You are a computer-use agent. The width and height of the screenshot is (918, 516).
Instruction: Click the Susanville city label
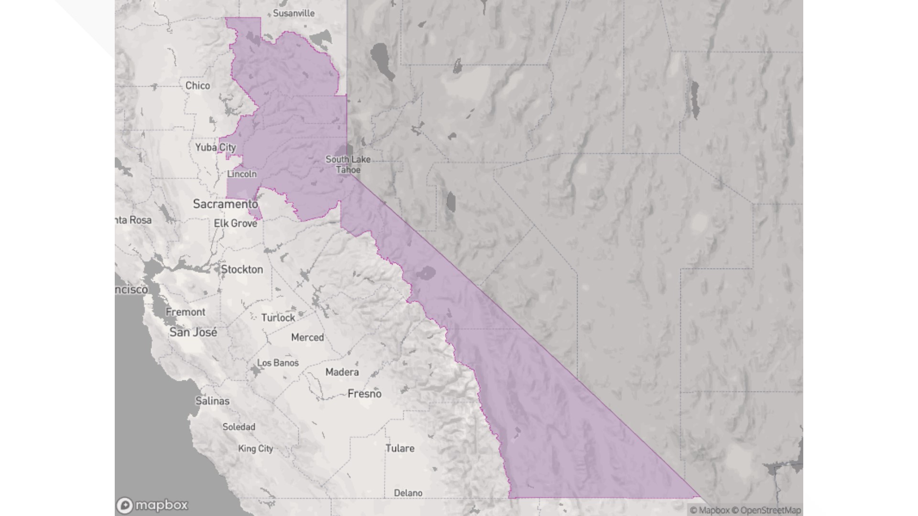294,13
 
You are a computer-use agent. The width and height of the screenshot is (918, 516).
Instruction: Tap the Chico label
197,86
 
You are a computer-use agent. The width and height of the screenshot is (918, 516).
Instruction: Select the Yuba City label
216,147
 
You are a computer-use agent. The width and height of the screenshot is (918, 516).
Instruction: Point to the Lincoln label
241,174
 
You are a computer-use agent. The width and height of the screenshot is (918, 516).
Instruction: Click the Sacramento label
225,204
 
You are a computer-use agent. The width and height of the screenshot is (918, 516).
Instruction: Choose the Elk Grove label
235,223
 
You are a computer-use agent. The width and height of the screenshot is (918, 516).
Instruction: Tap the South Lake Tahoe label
348,164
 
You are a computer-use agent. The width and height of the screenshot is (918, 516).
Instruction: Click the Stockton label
242,269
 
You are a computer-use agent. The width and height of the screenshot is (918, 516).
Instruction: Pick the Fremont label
186,312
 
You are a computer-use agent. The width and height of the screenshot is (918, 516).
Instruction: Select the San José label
193,332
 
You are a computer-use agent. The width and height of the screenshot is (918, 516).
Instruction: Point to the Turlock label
278,318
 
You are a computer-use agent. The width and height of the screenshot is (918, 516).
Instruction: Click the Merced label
307,337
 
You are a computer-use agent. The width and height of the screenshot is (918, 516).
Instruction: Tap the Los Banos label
278,363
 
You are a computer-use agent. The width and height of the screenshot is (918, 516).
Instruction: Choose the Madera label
342,372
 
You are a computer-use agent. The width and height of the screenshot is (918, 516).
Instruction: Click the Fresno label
364,394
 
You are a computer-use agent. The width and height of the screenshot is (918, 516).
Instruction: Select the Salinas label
212,401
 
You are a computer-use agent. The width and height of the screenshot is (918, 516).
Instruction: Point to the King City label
255,449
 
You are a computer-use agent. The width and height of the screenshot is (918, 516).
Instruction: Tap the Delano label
408,493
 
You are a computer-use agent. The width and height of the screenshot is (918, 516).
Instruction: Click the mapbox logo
153,505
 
